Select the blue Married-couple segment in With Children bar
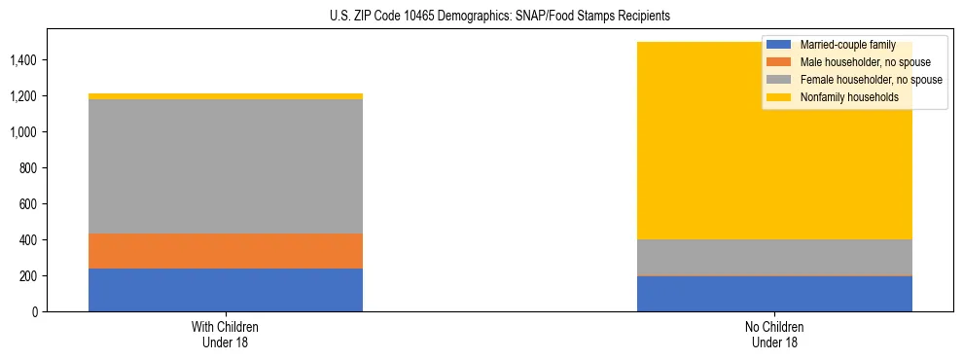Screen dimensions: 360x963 click(226, 290)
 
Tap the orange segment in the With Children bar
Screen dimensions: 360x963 click(226, 251)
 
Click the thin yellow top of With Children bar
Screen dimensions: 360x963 click(226, 96)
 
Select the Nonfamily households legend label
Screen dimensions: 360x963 click(847, 97)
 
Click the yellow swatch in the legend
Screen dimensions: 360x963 click(779, 97)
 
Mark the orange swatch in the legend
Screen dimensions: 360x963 click(779, 62)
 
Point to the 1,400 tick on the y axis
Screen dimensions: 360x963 click(22, 60)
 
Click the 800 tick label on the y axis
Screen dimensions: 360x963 click(28, 168)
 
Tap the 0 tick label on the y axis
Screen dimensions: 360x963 click(34, 312)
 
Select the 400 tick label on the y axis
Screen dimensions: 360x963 click(28, 240)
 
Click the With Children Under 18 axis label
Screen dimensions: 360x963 click(226, 335)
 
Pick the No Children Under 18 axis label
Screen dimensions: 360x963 click(774, 335)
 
